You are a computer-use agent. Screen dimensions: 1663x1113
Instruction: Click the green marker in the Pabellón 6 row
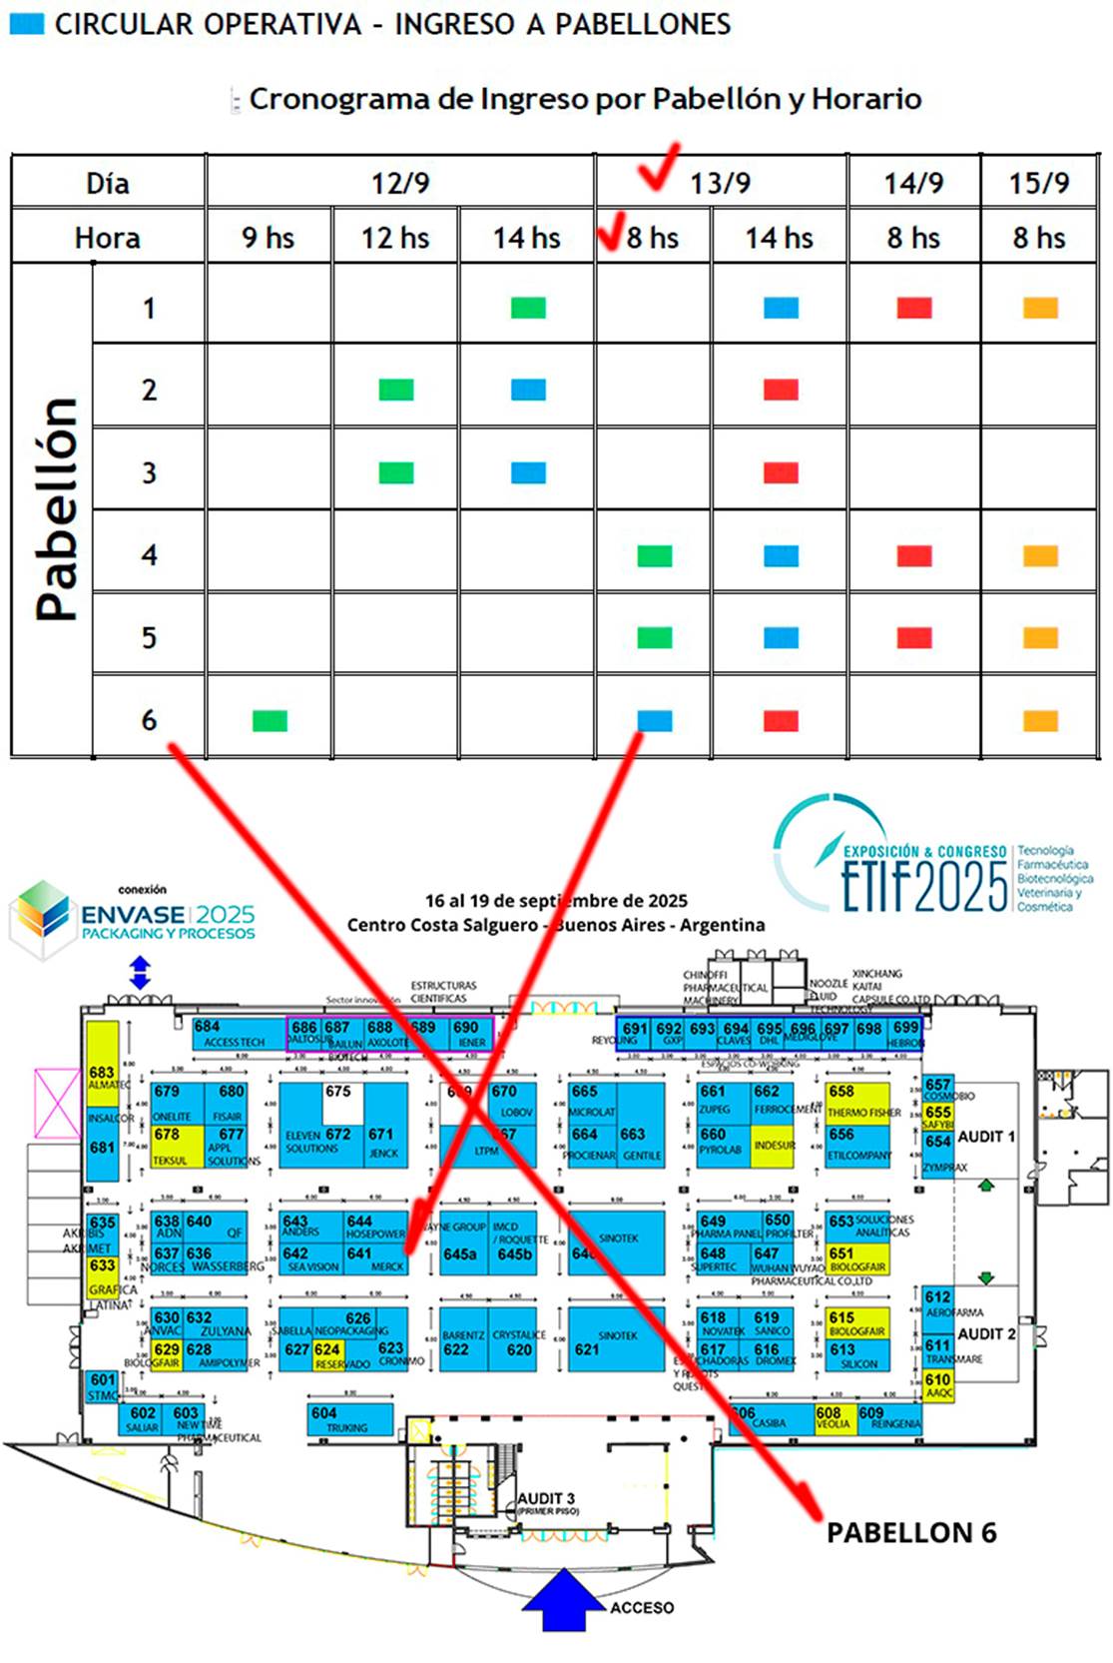(270, 720)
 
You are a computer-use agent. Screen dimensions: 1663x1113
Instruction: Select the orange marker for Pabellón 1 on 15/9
(1040, 308)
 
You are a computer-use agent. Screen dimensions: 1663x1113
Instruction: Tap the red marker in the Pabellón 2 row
(781, 390)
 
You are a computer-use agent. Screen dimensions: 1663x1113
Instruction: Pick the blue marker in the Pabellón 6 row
(655, 720)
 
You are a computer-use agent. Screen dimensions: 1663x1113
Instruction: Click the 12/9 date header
(400, 183)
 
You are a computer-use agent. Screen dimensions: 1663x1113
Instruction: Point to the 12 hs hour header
(395, 238)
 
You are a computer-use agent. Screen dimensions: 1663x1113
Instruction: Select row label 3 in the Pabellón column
(149, 472)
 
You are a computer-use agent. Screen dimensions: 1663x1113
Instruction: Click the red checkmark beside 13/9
(658, 167)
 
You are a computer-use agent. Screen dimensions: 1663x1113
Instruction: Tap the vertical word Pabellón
(56, 509)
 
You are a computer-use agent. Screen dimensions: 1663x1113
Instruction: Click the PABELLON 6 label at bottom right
(911, 1532)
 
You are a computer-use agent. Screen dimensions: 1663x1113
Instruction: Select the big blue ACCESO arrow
(564, 1599)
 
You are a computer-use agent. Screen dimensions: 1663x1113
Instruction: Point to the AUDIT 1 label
(985, 1137)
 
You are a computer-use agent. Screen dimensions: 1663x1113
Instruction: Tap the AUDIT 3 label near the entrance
(546, 1499)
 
